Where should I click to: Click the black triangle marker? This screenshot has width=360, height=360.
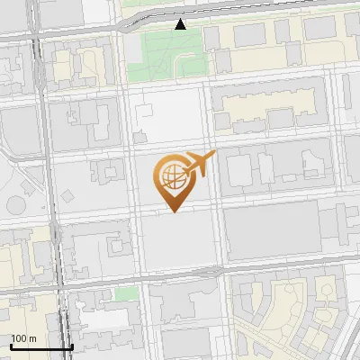click(181, 24)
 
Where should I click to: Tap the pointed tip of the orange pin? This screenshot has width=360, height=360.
click(175, 211)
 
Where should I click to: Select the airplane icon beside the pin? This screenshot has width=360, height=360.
click(199, 163)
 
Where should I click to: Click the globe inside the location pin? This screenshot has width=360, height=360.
click(172, 173)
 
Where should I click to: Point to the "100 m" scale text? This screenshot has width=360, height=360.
click(24, 338)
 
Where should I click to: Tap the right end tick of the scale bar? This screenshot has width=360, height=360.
click(72, 346)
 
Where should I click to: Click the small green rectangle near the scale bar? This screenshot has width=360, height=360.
click(125, 294)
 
